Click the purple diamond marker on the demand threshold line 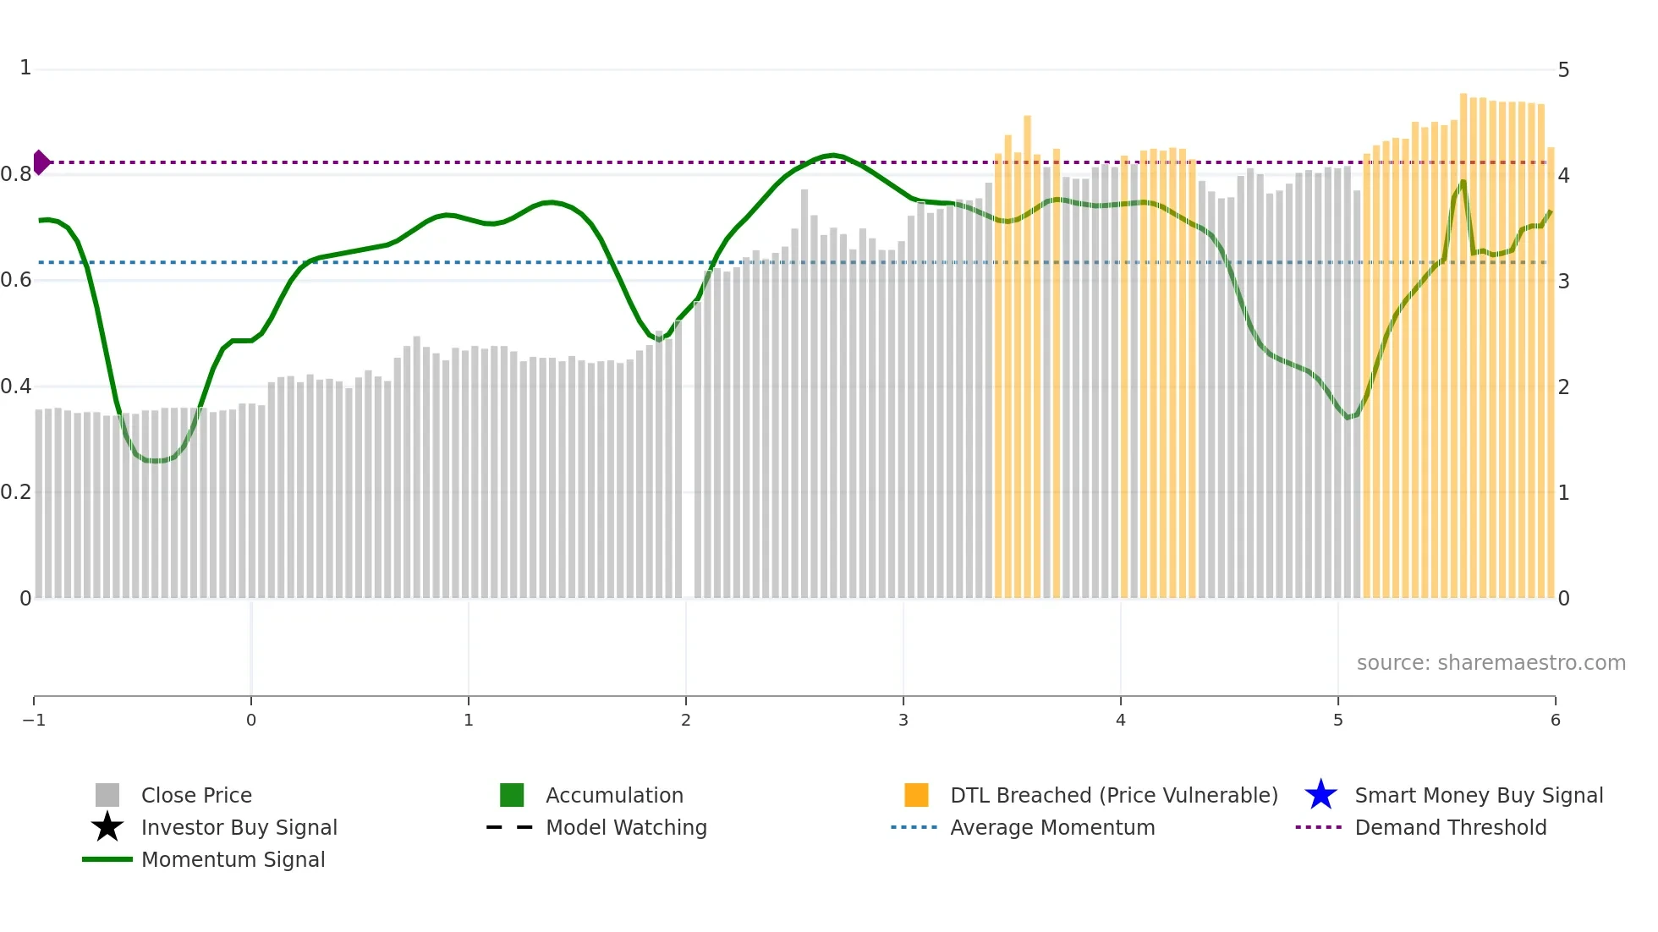pos(41,162)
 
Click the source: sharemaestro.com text pos(1491,662)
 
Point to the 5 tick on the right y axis pos(1563,69)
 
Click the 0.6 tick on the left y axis pos(17,280)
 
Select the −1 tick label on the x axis pos(34,720)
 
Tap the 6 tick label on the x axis pos(1555,720)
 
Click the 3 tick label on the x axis pos(903,720)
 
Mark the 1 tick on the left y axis pos(25,68)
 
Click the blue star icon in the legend pos(1320,795)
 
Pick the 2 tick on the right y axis pos(1563,387)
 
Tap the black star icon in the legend pos(107,827)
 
